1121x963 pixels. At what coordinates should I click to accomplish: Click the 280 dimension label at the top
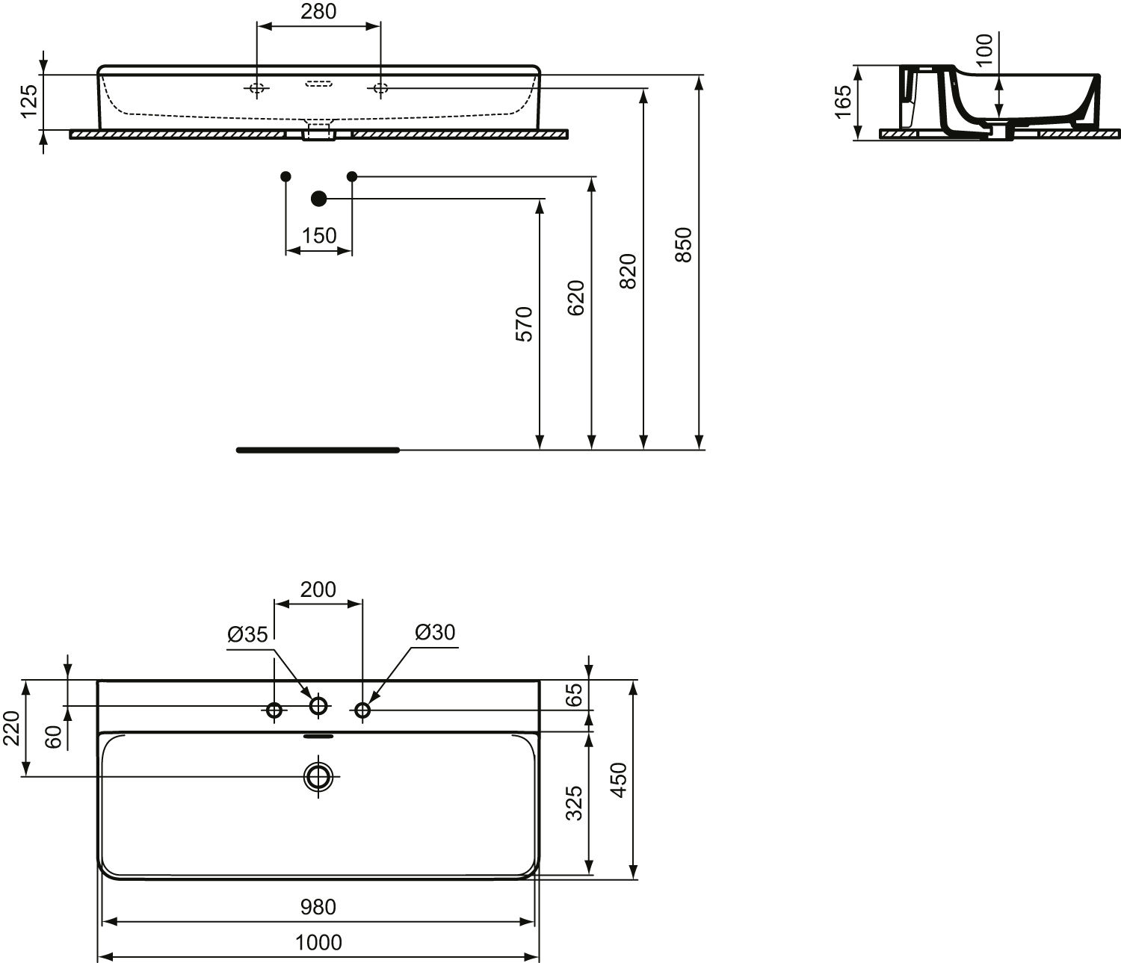318,11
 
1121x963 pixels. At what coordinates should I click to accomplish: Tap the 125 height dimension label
28,101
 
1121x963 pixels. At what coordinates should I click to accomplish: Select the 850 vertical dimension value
684,244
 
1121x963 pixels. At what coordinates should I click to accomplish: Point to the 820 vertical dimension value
628,270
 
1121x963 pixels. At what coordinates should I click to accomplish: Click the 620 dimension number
575,297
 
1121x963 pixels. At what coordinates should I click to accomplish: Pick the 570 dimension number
524,324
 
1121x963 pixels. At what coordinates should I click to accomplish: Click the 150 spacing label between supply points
319,236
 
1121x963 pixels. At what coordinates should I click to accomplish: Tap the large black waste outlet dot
319,199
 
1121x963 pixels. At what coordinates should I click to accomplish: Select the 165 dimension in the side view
843,102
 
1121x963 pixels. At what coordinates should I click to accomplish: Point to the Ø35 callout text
247,634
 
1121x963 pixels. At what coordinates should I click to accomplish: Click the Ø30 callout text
435,632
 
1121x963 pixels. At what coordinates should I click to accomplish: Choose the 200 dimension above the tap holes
318,589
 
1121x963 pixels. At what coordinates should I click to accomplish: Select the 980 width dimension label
318,907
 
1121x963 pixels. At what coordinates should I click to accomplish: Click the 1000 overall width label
318,942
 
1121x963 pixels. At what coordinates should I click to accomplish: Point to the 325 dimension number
574,804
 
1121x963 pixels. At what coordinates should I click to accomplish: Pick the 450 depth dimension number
619,780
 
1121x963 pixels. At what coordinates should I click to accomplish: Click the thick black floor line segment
318,450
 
